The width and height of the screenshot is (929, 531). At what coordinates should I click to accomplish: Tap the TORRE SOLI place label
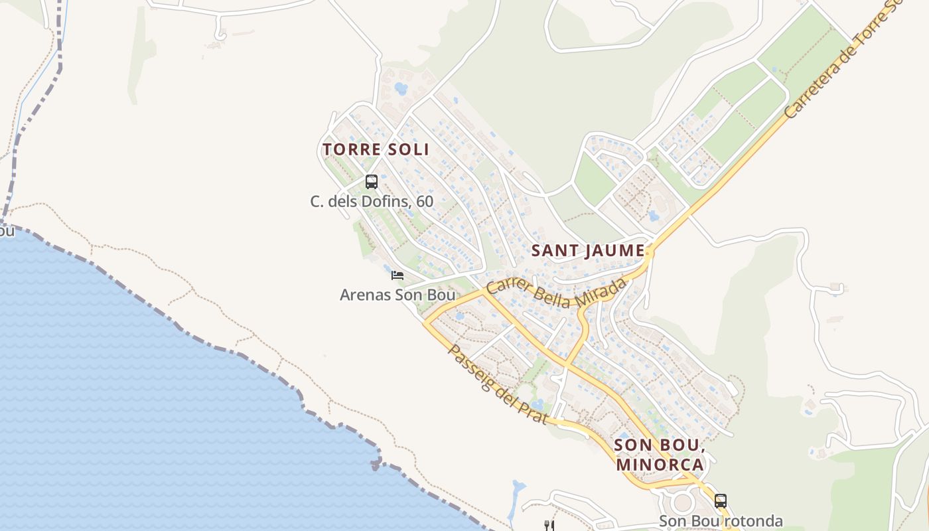[376, 149]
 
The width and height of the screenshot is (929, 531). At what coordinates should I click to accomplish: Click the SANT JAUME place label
[588, 251]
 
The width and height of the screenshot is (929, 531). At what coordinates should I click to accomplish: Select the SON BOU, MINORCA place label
[660, 454]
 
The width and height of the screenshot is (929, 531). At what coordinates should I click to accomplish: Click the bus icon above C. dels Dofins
[372, 181]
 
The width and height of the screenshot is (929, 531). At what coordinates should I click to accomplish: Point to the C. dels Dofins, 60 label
[372, 200]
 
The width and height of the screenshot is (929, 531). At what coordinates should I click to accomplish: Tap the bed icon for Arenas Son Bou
[397, 275]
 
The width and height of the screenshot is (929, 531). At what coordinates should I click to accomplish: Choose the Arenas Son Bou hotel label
[397, 294]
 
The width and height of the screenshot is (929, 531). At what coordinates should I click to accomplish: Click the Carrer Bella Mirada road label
[556, 294]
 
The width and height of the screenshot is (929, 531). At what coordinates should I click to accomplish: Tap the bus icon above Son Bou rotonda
[721, 500]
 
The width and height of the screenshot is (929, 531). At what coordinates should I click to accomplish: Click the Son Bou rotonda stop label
[721, 521]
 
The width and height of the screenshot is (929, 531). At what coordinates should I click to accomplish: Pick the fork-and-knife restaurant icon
[549, 525]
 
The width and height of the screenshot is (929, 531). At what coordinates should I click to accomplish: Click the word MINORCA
[660, 464]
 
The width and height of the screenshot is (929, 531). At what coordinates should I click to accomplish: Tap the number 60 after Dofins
[425, 200]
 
